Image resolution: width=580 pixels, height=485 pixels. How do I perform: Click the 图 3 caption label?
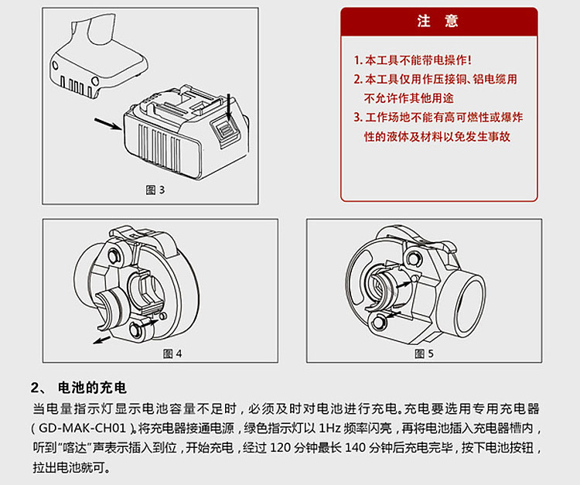(155, 190)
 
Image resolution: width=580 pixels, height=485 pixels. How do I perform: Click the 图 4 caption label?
(172, 354)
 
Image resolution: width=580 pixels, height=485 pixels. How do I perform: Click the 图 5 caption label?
(424, 354)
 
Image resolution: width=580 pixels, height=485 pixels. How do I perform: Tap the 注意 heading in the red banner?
(438, 22)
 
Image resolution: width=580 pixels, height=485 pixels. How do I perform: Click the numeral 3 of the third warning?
(358, 118)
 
